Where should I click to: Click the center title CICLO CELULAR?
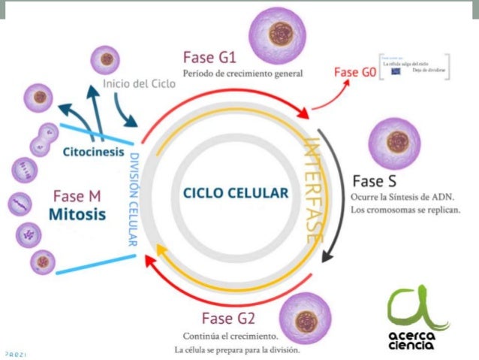click(235, 193)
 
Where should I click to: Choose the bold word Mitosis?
click(77, 214)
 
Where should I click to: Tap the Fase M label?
click(77, 195)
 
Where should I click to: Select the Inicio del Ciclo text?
click(139, 83)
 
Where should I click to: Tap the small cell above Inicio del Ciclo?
click(107, 59)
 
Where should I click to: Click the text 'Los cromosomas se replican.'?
click(405, 210)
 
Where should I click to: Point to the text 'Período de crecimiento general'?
click(243, 74)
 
